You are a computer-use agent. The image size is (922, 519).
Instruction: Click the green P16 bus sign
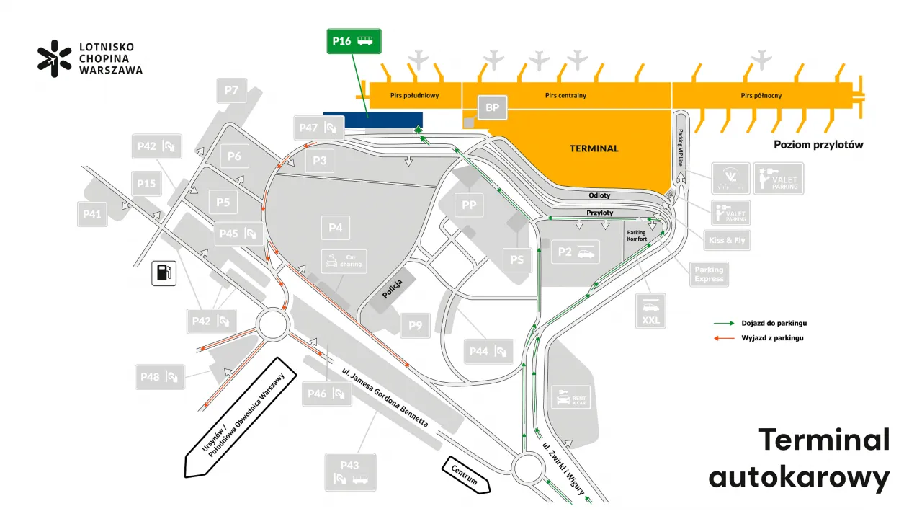pyautogui.click(x=353, y=41)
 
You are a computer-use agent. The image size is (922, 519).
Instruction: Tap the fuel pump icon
pyautogui.click(x=164, y=273)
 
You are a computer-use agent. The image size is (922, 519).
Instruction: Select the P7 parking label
pyautogui.click(x=231, y=91)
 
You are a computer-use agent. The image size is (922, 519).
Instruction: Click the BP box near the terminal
pyautogui.click(x=493, y=108)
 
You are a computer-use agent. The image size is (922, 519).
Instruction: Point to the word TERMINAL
pyautogui.click(x=594, y=148)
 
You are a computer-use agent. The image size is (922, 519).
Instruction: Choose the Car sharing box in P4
pyautogui.click(x=344, y=261)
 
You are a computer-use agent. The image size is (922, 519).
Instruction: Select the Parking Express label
pyautogui.click(x=709, y=275)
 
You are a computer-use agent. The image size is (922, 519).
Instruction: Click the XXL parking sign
pyautogui.click(x=650, y=311)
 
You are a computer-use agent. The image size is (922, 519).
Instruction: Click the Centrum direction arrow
pyautogui.click(x=466, y=475)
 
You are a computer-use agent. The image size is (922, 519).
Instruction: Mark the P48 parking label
pyautogui.click(x=160, y=376)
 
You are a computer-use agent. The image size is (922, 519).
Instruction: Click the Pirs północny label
pyautogui.click(x=761, y=95)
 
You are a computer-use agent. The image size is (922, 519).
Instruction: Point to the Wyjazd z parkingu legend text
pyautogui.click(x=772, y=337)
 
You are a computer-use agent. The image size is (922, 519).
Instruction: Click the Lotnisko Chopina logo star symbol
pyautogui.click(x=55, y=58)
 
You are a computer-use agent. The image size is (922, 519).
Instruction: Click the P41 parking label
pyautogui.click(x=91, y=214)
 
